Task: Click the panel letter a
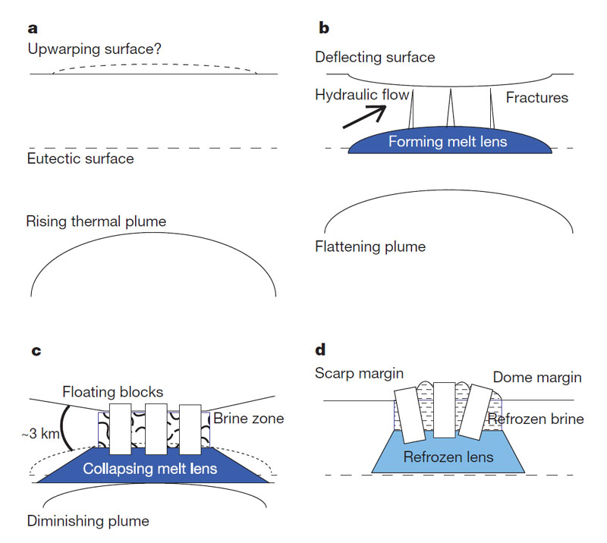click(x=33, y=29)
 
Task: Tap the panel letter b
click(x=324, y=27)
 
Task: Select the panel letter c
click(x=36, y=350)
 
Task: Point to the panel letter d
click(x=320, y=350)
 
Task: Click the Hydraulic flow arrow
click(x=364, y=117)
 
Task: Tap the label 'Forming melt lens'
click(x=448, y=142)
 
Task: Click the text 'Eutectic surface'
click(x=80, y=159)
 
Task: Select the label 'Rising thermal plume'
click(x=96, y=221)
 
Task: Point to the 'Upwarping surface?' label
click(x=94, y=49)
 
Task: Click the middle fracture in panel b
click(x=450, y=108)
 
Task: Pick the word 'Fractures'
click(x=537, y=98)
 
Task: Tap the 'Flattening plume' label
click(x=370, y=246)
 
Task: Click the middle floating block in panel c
click(x=156, y=428)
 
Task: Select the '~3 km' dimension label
click(x=41, y=434)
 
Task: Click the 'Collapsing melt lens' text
click(x=150, y=469)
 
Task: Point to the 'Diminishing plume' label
click(x=88, y=521)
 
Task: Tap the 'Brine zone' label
click(x=249, y=419)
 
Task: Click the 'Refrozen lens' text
click(x=448, y=457)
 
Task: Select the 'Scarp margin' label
click(x=359, y=373)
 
